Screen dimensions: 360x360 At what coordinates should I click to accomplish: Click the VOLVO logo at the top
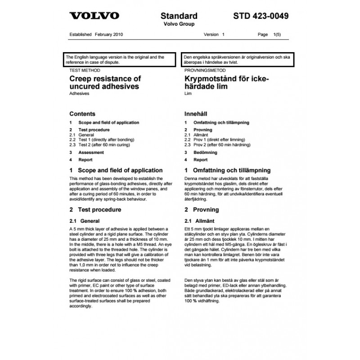click(x=94, y=16)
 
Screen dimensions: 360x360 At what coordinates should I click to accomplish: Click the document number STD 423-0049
click(x=261, y=17)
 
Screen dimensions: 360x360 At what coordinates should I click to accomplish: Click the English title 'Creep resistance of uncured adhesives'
click(x=105, y=83)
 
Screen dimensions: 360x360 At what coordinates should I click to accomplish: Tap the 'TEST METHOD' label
click(x=85, y=71)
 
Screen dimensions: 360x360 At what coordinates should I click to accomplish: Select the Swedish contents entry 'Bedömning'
click(x=205, y=153)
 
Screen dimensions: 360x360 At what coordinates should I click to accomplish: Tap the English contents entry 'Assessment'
click(x=91, y=153)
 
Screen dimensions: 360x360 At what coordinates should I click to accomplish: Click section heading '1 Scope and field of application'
click(x=116, y=171)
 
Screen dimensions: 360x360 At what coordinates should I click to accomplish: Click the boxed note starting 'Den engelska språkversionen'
click(x=235, y=60)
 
